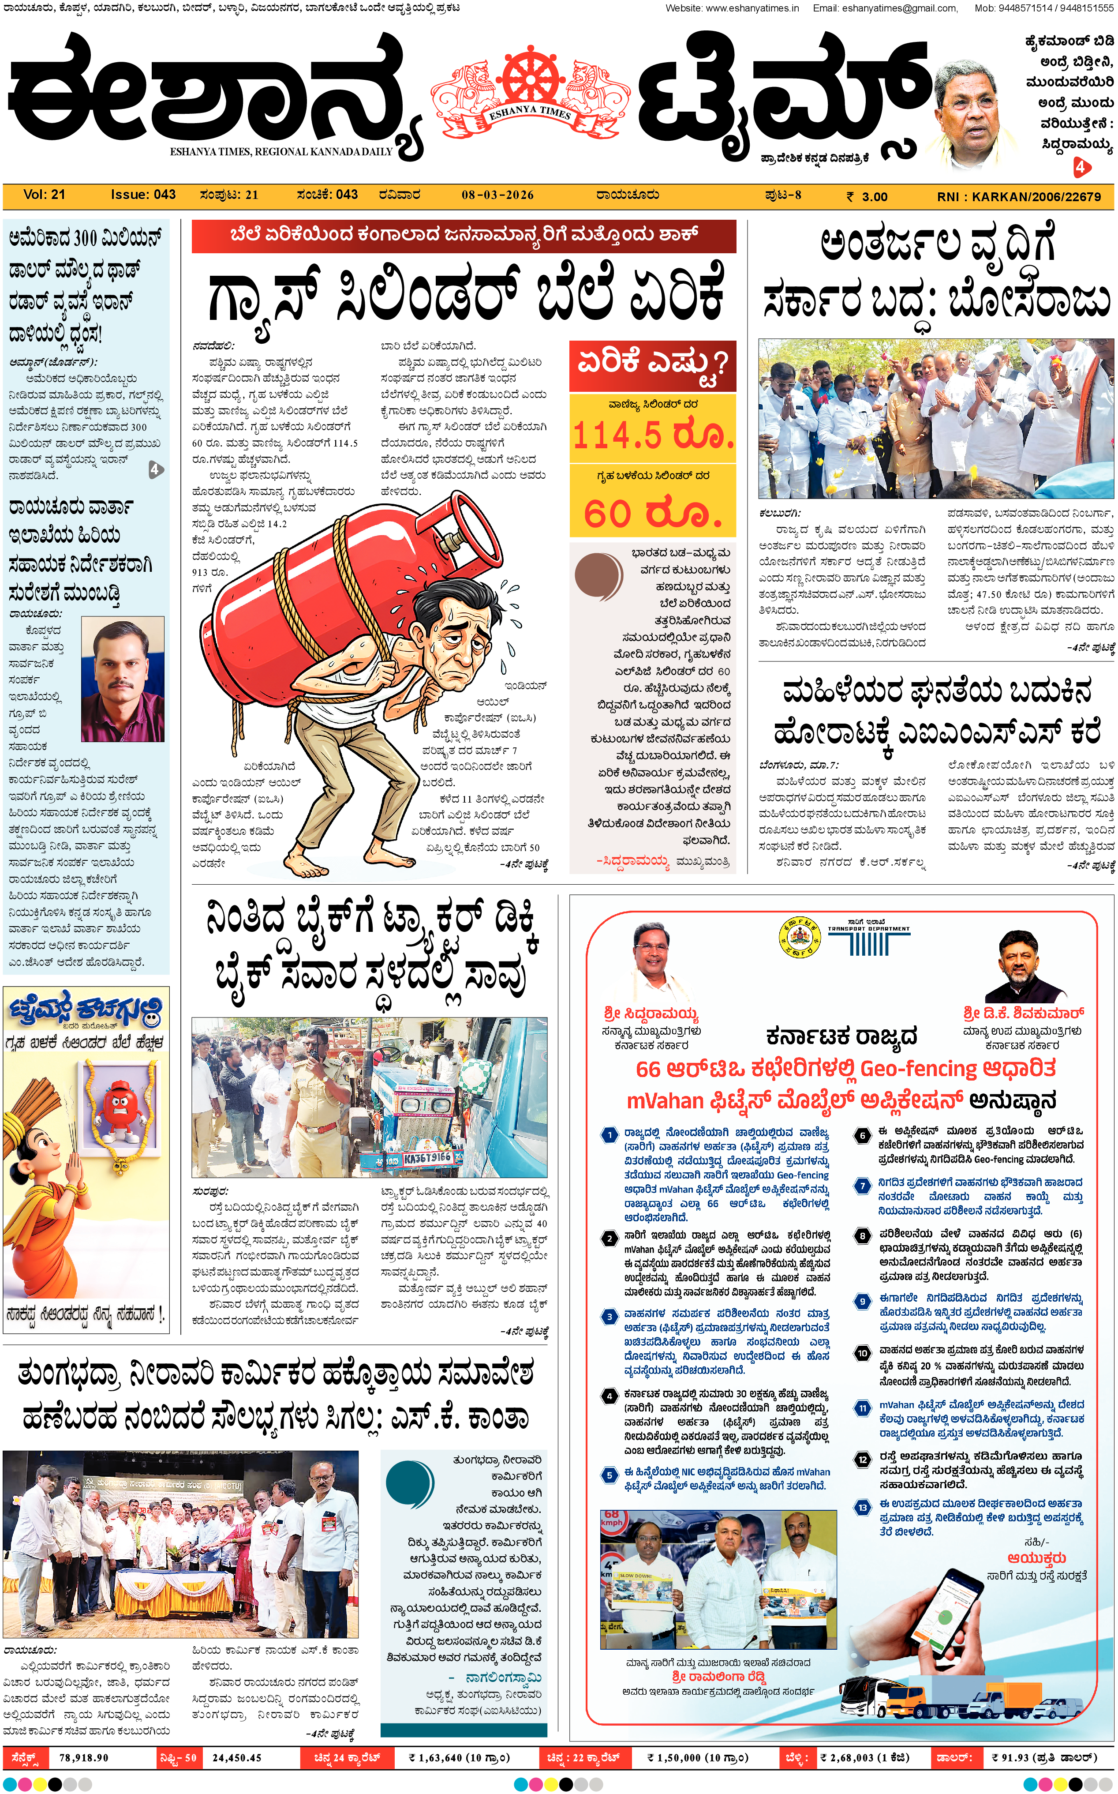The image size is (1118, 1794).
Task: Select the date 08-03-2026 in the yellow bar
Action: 497,195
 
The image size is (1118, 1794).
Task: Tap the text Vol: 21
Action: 45,195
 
